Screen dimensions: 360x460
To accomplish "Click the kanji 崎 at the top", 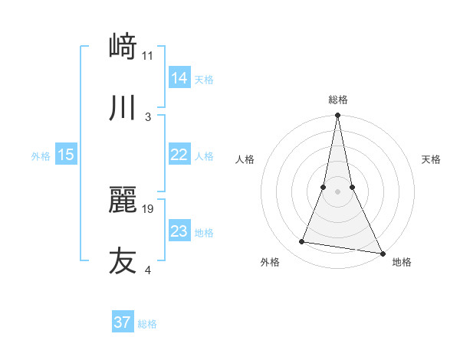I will click(x=123, y=47).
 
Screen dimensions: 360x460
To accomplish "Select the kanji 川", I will click(x=123, y=108).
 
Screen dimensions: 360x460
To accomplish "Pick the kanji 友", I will click(x=123, y=260).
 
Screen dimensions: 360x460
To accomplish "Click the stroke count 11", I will click(x=148, y=55).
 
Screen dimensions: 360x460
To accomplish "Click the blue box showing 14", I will click(x=179, y=78).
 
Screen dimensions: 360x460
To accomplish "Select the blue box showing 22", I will click(x=179, y=155).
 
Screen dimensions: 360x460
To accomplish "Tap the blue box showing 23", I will click(x=179, y=231).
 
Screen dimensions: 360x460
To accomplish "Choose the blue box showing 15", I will click(x=66, y=155).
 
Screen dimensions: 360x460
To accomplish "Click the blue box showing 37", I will click(x=123, y=322).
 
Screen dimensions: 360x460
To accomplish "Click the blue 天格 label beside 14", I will click(x=204, y=79).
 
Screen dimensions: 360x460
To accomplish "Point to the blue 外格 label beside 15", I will click(x=41, y=155).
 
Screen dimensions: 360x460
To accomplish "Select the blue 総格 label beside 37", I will click(x=147, y=323).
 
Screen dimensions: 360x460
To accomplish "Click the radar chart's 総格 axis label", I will click(x=337, y=100).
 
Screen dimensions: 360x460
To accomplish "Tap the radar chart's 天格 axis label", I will click(x=432, y=159).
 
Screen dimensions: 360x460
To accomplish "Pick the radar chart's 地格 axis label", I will click(x=402, y=262).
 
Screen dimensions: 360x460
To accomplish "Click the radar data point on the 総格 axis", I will click(x=337, y=116).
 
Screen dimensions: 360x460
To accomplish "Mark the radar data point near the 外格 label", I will click(x=302, y=242).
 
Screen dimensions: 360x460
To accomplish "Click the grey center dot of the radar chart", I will click(x=337, y=191).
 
